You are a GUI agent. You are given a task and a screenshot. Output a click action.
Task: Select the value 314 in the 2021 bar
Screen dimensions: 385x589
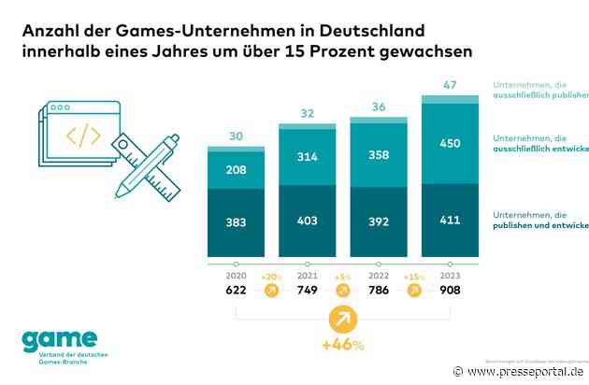pos(307,155)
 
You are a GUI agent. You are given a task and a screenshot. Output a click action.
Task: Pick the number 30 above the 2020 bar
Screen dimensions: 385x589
pos(236,136)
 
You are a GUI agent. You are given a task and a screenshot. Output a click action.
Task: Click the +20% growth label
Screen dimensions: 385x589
pos(271,278)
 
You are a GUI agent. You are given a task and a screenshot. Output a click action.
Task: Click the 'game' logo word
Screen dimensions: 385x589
pos(59,338)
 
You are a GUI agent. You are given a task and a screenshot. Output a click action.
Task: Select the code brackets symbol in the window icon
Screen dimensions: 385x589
pos(83,135)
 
